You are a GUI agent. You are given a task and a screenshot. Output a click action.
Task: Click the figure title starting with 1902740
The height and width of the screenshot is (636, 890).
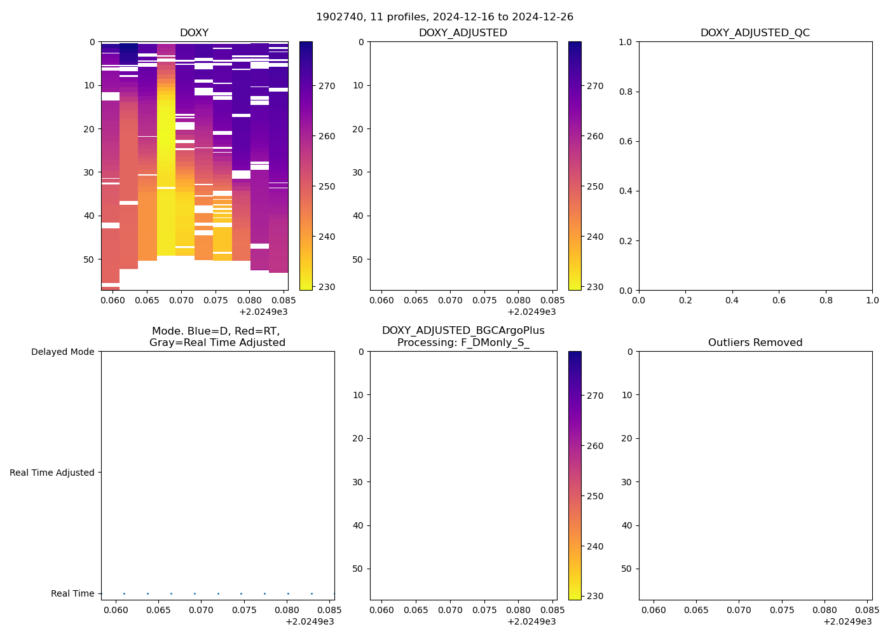click(x=444, y=17)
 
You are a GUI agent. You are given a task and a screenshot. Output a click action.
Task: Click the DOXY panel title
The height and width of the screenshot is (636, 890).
click(x=194, y=33)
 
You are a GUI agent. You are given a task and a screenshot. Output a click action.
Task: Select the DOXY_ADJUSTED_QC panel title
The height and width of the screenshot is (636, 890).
click(x=755, y=33)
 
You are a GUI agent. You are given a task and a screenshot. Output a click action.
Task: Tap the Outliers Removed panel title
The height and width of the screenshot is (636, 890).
click(x=755, y=343)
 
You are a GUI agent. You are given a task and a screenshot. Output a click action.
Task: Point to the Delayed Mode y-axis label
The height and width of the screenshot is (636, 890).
click(x=62, y=352)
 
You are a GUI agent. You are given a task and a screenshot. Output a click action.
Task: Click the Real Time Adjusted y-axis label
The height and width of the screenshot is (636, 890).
click(x=51, y=473)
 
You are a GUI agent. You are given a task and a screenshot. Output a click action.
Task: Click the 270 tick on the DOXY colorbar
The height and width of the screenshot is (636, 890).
click(x=326, y=86)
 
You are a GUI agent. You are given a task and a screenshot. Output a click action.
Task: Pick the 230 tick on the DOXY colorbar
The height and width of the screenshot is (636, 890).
click(x=326, y=287)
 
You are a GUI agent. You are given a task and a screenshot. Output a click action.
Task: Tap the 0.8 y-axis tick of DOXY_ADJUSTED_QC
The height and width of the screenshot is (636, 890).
click(x=627, y=92)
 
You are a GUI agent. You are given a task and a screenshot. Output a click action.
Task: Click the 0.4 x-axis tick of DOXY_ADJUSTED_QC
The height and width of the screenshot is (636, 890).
click(x=732, y=300)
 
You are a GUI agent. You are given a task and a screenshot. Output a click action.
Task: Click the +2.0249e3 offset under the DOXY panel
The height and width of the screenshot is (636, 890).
click(x=263, y=312)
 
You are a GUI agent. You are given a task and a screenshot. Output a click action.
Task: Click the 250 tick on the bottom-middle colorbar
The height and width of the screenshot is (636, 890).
click(x=595, y=496)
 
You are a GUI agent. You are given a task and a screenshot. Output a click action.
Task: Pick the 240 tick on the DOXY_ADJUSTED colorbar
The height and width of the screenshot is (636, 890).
click(x=595, y=237)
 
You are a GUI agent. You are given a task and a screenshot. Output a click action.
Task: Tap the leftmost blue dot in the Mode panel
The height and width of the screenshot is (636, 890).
click(x=124, y=593)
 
